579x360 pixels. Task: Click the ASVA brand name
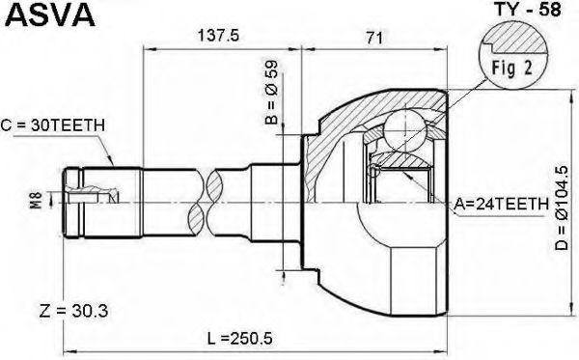pyautogui.click(x=51, y=15)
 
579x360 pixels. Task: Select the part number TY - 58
pyautogui.click(x=527, y=10)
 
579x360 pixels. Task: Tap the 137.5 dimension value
pyautogui.click(x=219, y=36)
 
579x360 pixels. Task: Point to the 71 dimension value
pyautogui.click(x=374, y=38)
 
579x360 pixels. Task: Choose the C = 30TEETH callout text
pyautogui.click(x=52, y=125)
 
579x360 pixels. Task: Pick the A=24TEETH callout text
pyautogui.click(x=501, y=204)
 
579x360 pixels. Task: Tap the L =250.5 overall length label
pyautogui.click(x=239, y=338)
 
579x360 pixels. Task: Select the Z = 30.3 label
pyautogui.click(x=73, y=311)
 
